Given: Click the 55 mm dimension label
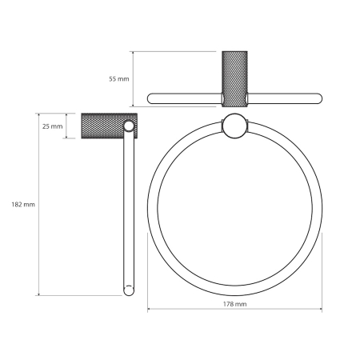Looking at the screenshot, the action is click(119, 79).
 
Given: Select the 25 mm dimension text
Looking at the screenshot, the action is click(53, 126).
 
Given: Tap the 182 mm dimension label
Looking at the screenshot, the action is click(23, 205).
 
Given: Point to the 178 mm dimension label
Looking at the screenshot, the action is click(234, 304).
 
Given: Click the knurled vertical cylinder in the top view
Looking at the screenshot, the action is click(234, 79).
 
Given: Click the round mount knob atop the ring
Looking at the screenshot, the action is click(234, 126).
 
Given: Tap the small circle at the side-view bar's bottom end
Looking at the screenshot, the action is click(129, 290).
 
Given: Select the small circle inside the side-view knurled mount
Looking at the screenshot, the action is click(129, 126).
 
